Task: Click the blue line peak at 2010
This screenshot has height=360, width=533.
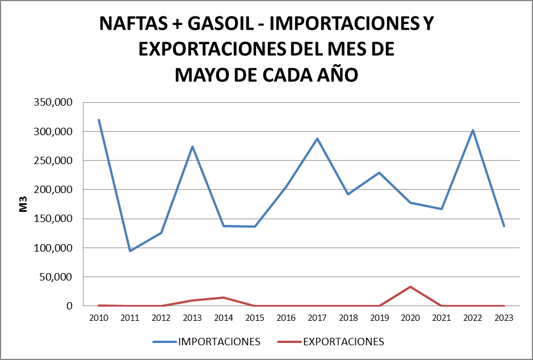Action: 99,120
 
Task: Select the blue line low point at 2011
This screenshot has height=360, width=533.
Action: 130,251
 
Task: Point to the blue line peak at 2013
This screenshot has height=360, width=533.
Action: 192,146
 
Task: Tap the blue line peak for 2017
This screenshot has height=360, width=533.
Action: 317,139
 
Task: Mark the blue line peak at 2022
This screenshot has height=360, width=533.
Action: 473,130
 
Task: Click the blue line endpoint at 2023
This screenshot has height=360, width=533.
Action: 504,226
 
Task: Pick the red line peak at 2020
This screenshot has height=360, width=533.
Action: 410,287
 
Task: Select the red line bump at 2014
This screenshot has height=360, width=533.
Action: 224,298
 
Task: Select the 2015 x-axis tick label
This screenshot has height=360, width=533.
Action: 255,319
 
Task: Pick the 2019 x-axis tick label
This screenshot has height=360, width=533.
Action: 379,319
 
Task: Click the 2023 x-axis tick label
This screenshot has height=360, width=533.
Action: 504,319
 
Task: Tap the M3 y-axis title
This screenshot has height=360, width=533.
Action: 23,204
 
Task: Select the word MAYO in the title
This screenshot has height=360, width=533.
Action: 203,74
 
